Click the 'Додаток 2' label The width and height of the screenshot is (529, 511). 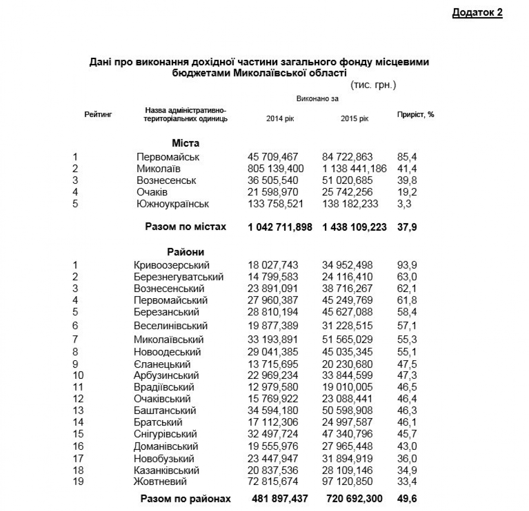pyautogui.click(x=477, y=12)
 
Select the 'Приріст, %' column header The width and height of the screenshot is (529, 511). pyautogui.click(x=415, y=114)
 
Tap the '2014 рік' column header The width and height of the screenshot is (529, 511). pyautogui.click(x=280, y=119)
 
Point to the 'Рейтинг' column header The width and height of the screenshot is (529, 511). pyautogui.click(x=98, y=114)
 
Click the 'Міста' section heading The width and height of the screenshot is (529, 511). pyautogui.click(x=186, y=143)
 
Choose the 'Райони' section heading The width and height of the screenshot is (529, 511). pyautogui.click(x=186, y=252)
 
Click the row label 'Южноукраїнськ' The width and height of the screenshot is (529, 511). pyautogui.click(x=173, y=204)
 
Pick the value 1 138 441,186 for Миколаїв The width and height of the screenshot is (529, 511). pyautogui.click(x=355, y=169)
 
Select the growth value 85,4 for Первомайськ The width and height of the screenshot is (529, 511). pyautogui.click(x=407, y=157)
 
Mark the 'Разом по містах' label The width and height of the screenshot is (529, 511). pyautogui.click(x=186, y=227)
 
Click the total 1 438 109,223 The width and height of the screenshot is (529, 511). pyautogui.click(x=355, y=227)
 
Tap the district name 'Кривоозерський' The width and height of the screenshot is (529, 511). pyautogui.click(x=172, y=265)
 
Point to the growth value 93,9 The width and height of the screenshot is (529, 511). pyautogui.click(x=407, y=265)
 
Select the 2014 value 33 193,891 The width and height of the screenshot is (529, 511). pyautogui.click(x=273, y=340)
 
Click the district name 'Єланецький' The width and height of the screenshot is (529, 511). pyautogui.click(x=162, y=364)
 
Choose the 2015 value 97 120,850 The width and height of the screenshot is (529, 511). pyautogui.click(x=347, y=482)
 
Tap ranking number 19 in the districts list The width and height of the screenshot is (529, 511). pyautogui.click(x=78, y=482)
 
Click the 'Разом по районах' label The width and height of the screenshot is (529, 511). pyautogui.click(x=186, y=499)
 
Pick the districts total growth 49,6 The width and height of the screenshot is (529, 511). pyautogui.click(x=407, y=499)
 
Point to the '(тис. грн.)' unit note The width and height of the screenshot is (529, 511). pyautogui.click(x=373, y=85)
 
